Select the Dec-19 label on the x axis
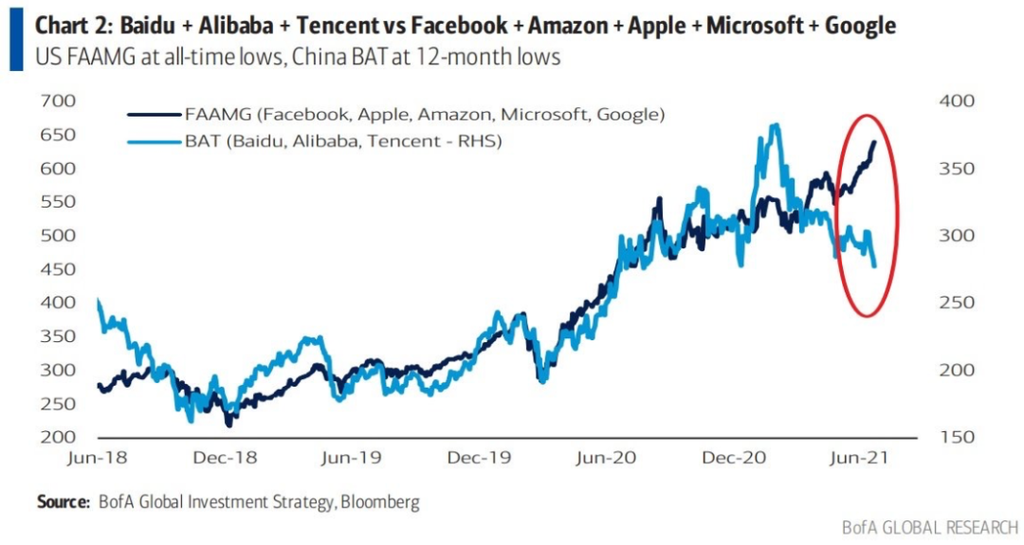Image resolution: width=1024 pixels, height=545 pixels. point(479,458)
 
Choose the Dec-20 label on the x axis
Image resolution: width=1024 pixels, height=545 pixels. point(731,458)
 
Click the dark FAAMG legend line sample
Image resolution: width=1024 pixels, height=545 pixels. point(153,114)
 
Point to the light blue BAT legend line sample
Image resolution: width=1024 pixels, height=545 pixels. point(153,141)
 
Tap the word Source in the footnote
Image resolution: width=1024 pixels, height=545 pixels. point(62,500)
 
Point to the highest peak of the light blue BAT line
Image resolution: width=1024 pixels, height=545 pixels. point(776,124)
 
